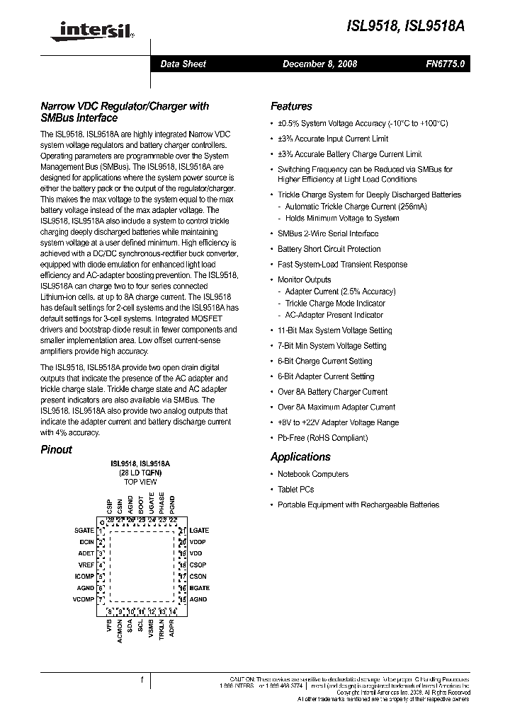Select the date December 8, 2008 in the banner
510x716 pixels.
(x=319, y=64)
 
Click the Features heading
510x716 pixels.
(x=291, y=106)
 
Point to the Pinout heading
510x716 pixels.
(x=56, y=449)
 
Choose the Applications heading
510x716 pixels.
(x=300, y=457)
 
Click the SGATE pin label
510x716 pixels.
(x=84, y=530)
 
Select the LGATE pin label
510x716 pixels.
(x=200, y=530)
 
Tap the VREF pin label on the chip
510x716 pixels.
(x=86, y=565)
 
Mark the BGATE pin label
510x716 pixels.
(x=200, y=588)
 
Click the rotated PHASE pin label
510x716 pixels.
(x=162, y=503)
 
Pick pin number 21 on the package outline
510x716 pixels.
(x=182, y=530)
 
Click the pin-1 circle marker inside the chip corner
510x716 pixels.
(x=102, y=523)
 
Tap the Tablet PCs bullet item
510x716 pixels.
(x=295, y=490)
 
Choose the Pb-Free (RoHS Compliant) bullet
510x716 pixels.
(x=322, y=438)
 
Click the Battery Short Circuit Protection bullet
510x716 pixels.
(x=329, y=249)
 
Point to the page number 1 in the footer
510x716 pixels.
(x=142, y=680)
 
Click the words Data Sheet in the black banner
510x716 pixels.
(x=183, y=64)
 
